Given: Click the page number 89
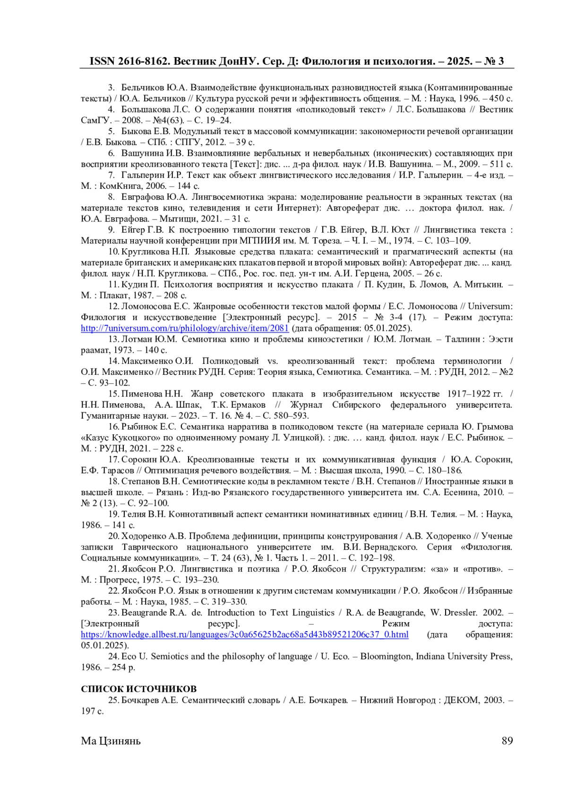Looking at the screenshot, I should tap(507, 741).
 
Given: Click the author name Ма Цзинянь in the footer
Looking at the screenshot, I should tap(111, 741).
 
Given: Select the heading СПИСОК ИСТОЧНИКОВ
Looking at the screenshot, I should tap(138, 689).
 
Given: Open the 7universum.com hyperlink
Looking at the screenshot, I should tap(185, 328).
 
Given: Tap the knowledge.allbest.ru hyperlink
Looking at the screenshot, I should tap(244, 634).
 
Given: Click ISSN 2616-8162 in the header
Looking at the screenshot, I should tap(128, 61).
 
